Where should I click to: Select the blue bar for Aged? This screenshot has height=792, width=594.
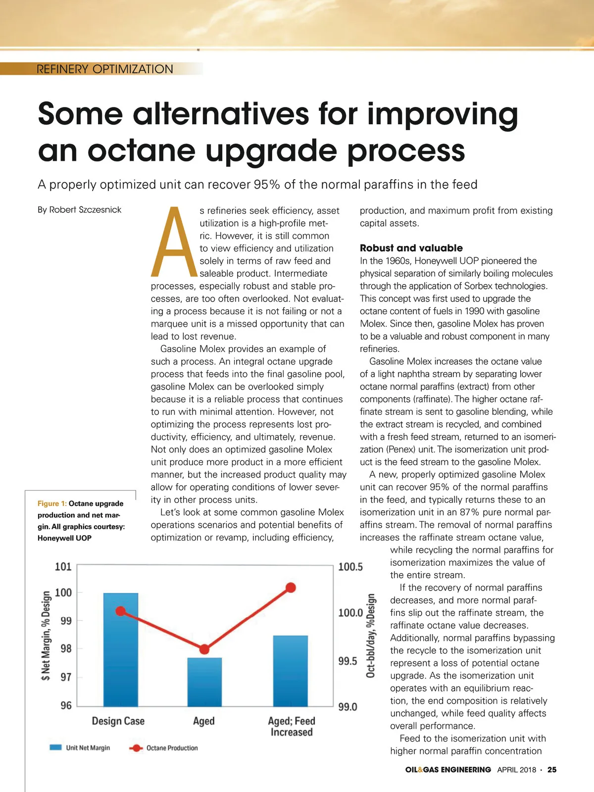(204, 682)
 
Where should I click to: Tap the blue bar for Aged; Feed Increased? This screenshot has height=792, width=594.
(291, 671)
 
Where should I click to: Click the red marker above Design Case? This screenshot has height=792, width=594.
(121, 611)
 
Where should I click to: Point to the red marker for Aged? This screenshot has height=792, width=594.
(204, 649)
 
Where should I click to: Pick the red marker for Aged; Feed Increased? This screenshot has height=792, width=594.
(291, 588)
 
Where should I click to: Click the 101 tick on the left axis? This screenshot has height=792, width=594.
(63, 566)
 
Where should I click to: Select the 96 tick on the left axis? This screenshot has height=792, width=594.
(66, 705)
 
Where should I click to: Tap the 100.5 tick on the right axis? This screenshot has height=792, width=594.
(350, 567)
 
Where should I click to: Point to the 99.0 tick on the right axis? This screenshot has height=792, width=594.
(347, 707)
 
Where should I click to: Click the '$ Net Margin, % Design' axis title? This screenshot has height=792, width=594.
(46, 636)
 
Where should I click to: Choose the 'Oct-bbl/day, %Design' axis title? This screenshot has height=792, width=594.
(371, 636)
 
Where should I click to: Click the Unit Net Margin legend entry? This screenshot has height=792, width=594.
(80, 747)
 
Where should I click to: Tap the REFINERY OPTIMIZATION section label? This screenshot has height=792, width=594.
(105, 69)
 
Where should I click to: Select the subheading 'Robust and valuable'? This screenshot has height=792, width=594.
(411, 248)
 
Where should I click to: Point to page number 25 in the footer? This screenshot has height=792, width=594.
(552, 770)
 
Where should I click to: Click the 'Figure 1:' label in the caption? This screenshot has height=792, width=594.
(52, 503)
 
